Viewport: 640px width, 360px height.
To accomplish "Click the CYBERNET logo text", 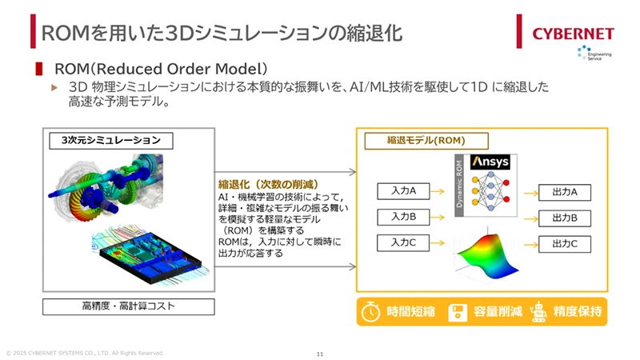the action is (x=573, y=34).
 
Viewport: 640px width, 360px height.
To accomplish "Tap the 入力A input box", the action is (x=403, y=191).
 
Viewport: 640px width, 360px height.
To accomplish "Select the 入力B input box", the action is (x=403, y=217).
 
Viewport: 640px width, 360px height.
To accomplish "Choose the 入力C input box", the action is (x=403, y=243).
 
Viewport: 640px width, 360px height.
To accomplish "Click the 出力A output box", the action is (x=565, y=192).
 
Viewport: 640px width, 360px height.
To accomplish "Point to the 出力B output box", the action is (x=565, y=218).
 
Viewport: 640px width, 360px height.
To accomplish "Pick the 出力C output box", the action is (x=565, y=244).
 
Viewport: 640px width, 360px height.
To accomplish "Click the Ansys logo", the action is (x=490, y=162).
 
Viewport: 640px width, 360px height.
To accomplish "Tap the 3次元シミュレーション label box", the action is (x=111, y=141).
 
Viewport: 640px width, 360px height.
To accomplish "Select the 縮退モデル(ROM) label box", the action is (x=426, y=141).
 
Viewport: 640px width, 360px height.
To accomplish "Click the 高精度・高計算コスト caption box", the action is (x=129, y=306).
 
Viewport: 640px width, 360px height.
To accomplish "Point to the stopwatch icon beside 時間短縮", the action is (x=370, y=312).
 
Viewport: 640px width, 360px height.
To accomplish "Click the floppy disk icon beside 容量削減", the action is (x=458, y=313).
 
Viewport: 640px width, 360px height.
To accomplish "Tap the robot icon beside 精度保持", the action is (x=538, y=312).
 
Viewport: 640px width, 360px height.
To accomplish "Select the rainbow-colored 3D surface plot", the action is (x=486, y=256).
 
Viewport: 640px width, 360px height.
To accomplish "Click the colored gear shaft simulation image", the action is (x=106, y=188).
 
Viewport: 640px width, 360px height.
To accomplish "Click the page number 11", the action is (x=320, y=354).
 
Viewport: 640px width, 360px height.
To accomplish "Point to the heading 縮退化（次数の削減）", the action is (x=268, y=185).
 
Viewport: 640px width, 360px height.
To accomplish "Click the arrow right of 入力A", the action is (x=437, y=191).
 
